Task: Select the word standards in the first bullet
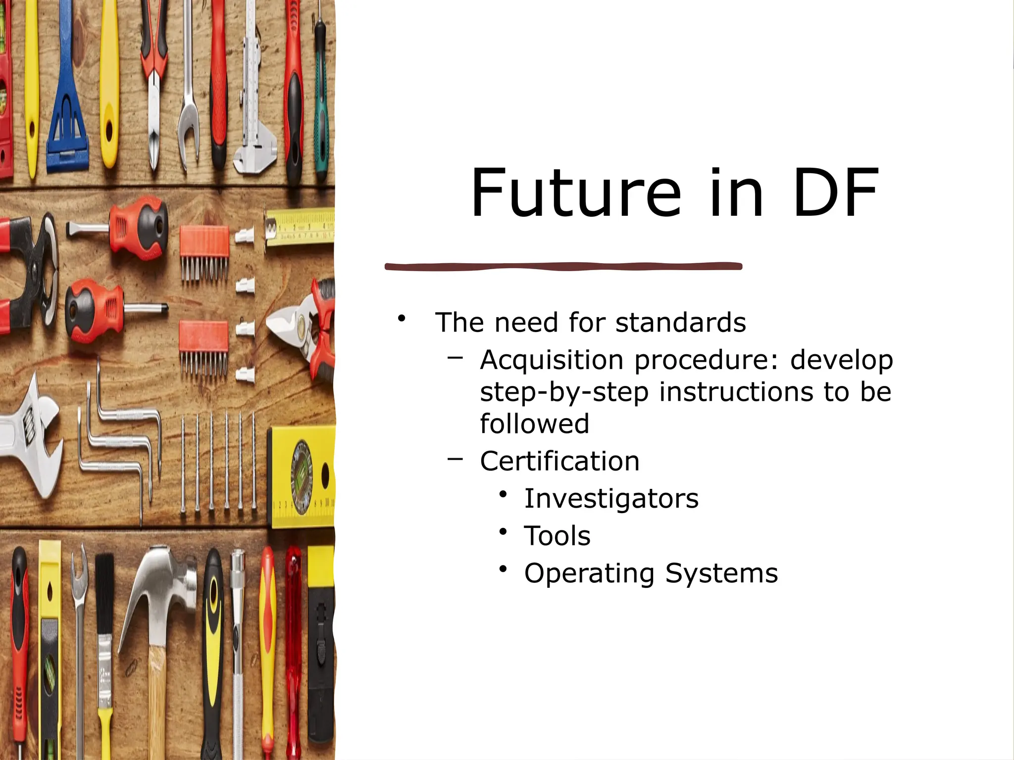680,323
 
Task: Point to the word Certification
559,461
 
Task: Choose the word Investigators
611,498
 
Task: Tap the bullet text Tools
557,536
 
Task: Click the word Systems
721,573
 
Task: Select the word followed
534,424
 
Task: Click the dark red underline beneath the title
563,267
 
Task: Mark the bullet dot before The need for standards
402,318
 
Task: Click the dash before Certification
455,459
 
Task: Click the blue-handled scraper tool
67,99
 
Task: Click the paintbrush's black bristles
104,589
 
